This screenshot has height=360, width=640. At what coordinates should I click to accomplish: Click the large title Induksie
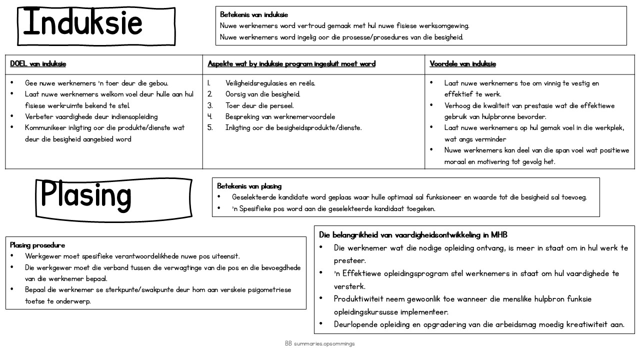(x=83, y=22)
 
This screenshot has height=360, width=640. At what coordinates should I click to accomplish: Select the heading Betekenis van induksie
(x=254, y=15)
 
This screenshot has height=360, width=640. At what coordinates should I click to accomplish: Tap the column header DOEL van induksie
(x=38, y=64)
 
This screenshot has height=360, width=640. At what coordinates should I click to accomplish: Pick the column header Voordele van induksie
(x=462, y=64)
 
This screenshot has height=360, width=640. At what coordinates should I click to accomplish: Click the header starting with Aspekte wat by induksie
(x=291, y=64)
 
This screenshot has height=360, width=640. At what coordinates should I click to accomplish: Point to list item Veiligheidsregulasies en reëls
(x=270, y=83)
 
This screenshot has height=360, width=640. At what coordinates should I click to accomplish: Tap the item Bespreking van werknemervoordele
(x=280, y=116)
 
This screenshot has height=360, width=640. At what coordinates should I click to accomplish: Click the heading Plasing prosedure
(x=37, y=245)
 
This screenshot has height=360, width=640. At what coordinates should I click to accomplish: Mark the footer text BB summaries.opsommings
(x=320, y=344)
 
